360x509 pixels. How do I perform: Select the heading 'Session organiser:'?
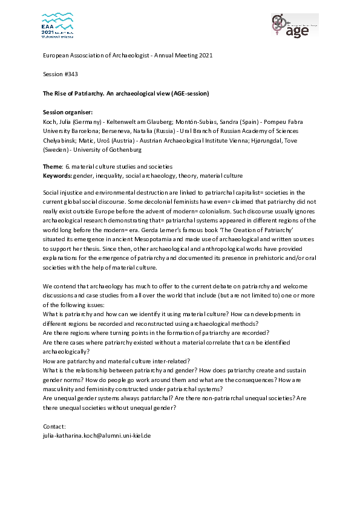pos(68,112)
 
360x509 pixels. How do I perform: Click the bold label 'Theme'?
pos(53,166)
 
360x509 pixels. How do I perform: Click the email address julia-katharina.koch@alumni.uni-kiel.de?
pos(96,435)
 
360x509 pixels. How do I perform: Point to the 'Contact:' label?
pos(55,426)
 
